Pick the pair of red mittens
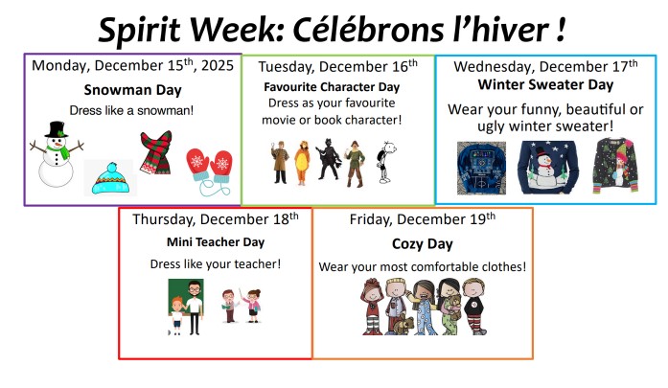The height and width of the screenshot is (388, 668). pos(208,166)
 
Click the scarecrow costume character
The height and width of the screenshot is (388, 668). pos(357,163)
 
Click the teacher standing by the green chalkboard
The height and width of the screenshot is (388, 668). pos(195,305)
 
